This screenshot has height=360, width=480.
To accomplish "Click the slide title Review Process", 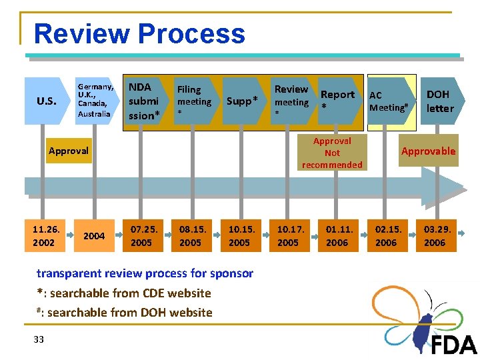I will (139, 33).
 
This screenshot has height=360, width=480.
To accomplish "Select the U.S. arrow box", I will (46, 101).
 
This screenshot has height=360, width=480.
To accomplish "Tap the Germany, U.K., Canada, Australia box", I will (95, 101).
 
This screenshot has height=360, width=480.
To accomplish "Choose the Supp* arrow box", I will (242, 101).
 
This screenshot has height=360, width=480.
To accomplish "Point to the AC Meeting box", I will (388, 101).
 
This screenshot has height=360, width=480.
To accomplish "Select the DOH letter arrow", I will (439, 101).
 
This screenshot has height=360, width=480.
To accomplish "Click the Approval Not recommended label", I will (332, 153).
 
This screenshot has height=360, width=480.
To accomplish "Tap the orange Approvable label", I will (428, 151).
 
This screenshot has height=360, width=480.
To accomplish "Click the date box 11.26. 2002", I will (46, 236).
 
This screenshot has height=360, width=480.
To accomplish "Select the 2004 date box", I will (94, 236).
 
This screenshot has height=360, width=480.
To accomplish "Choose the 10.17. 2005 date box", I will (288, 236).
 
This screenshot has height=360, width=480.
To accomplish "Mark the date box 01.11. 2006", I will (337, 236).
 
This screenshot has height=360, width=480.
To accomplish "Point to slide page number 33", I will (39, 339).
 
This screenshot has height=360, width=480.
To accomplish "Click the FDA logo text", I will (454, 345).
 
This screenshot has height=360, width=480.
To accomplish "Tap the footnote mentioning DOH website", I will (125, 312).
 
